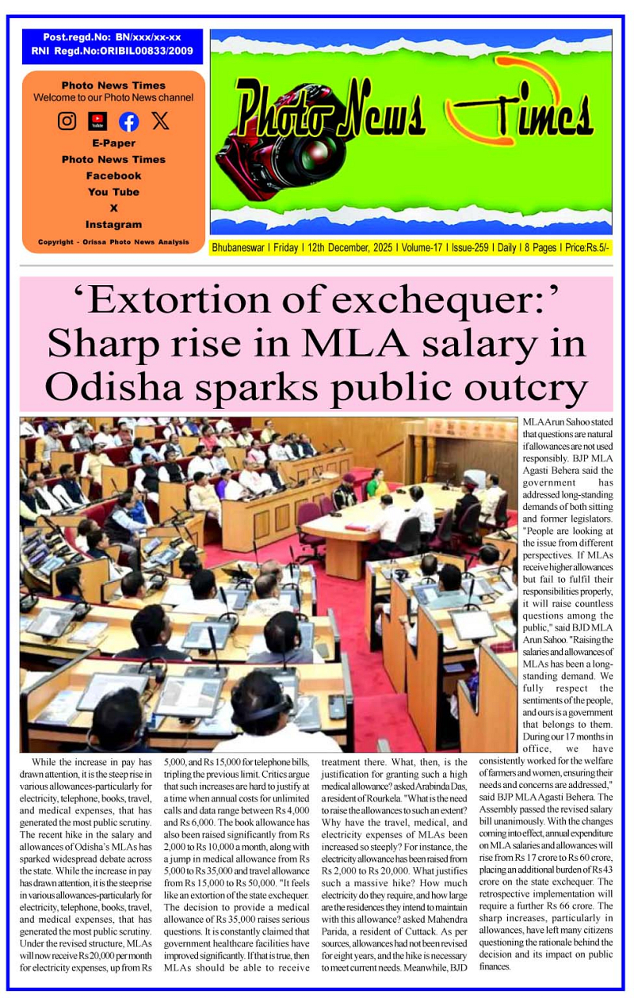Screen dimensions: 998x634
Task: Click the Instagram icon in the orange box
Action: pyautogui.click(x=67, y=121)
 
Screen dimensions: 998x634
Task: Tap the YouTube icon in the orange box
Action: pyautogui.click(x=97, y=121)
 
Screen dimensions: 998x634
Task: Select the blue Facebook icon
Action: pyautogui.click(x=128, y=121)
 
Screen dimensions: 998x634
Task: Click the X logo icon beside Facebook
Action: pyautogui.click(x=160, y=121)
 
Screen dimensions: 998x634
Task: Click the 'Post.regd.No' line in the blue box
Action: pyautogui.click(x=112, y=37)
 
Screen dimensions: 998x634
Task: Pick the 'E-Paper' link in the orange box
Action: pyautogui.click(x=113, y=143)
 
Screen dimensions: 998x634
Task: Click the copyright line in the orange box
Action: pyautogui.click(x=113, y=242)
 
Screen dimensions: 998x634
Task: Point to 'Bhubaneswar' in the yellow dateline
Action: pyautogui.click(x=240, y=248)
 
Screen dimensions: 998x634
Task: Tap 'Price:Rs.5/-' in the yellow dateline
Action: pyautogui.click(x=586, y=248)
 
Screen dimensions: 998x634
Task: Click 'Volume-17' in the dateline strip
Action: pyautogui.click(x=422, y=248)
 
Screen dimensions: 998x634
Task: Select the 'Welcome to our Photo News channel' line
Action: pyautogui.click(x=113, y=97)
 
